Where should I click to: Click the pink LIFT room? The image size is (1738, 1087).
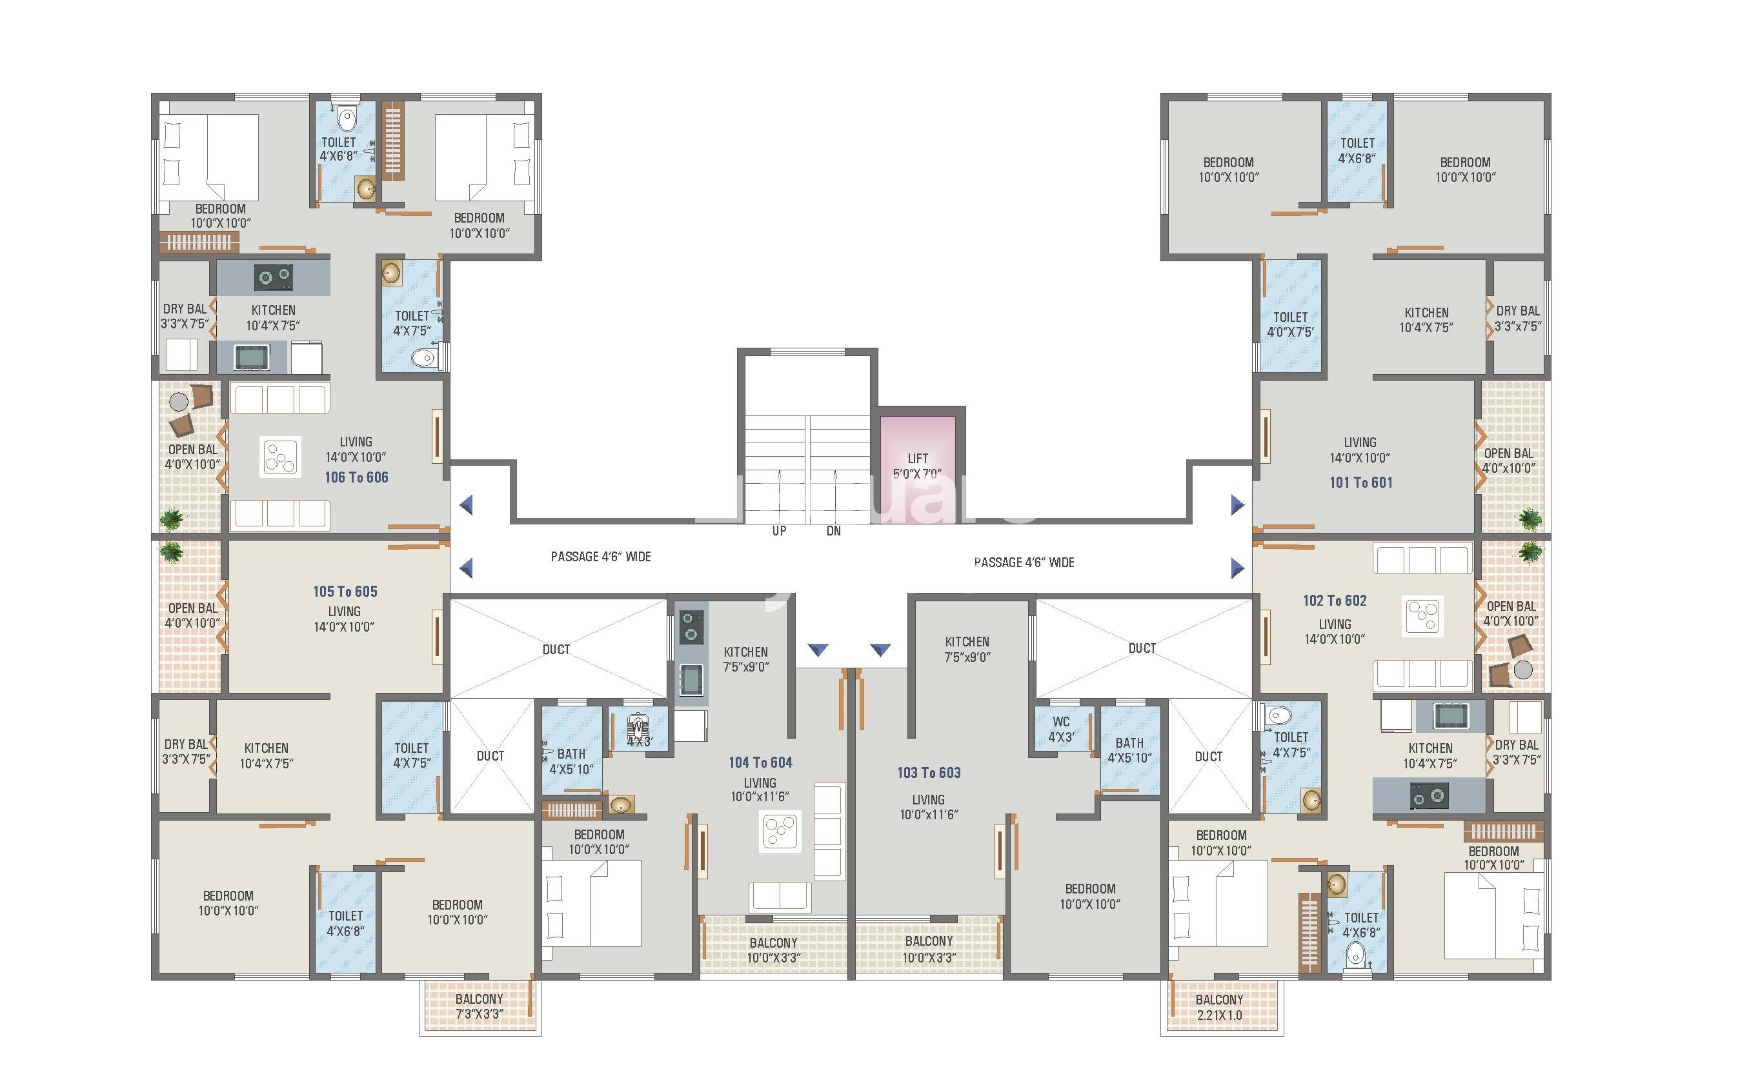coord(918,466)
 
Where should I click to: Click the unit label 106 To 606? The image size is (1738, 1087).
coord(356,477)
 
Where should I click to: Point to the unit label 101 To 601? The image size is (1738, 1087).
coord(1360,483)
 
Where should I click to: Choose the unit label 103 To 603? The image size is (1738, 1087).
coord(928,773)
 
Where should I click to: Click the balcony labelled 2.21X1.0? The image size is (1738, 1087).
coord(1220,1007)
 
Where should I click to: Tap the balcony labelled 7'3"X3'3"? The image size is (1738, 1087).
coord(480,1006)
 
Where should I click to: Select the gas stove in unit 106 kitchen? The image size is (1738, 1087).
coord(275,277)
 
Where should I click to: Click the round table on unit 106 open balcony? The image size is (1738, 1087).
coord(178,401)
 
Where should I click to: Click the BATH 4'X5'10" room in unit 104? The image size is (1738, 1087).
coord(571,761)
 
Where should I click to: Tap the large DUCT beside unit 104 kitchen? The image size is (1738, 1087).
coord(556,649)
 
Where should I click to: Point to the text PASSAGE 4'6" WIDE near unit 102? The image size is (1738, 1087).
coord(1024,562)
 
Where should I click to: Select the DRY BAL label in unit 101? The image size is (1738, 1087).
coord(1517,318)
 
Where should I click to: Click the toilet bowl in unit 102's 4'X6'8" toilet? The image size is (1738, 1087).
coord(1355,955)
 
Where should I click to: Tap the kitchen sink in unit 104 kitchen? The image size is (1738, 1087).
coord(691,678)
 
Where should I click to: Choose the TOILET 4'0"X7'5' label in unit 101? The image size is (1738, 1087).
coord(1290,324)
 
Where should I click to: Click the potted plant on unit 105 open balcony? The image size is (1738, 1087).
coord(171,552)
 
